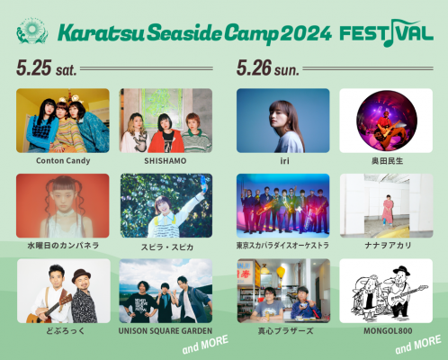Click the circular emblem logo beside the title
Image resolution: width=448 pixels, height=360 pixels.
pyautogui.click(x=31, y=31)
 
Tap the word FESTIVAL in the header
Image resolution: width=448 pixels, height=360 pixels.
pyautogui.click(x=387, y=33)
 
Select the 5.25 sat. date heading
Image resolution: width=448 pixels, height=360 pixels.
pyautogui.click(x=47, y=67)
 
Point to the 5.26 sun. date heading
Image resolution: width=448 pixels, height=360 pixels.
pyautogui.click(x=268, y=67)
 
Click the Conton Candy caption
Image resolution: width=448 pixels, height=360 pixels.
pyautogui.click(x=63, y=161)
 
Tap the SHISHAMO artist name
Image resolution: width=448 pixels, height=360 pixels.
pyautogui.click(x=166, y=161)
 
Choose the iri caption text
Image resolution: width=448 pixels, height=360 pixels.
pyautogui.click(x=284, y=161)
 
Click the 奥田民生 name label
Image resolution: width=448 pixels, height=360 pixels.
pyautogui.click(x=387, y=161)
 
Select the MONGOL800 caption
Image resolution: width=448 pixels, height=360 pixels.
pyautogui.click(x=388, y=331)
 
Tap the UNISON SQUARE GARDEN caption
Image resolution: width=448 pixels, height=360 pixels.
pyautogui.click(x=166, y=331)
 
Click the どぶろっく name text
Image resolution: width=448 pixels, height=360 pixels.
pyautogui.click(x=66, y=331)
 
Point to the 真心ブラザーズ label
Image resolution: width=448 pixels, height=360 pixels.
pyautogui.click(x=286, y=331)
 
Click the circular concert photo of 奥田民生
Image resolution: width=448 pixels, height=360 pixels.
pyautogui.click(x=387, y=121)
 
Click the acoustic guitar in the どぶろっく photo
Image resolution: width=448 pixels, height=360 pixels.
pyautogui.click(x=48, y=309)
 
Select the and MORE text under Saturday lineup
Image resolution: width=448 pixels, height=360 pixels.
pyautogui.click(x=205, y=344)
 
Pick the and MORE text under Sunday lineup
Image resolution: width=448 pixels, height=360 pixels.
pyautogui.click(x=418, y=345)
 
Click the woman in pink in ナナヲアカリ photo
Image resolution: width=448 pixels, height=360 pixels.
pyautogui.click(x=387, y=211)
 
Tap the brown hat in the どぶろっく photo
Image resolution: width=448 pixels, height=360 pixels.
pyautogui.click(x=81, y=275)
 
